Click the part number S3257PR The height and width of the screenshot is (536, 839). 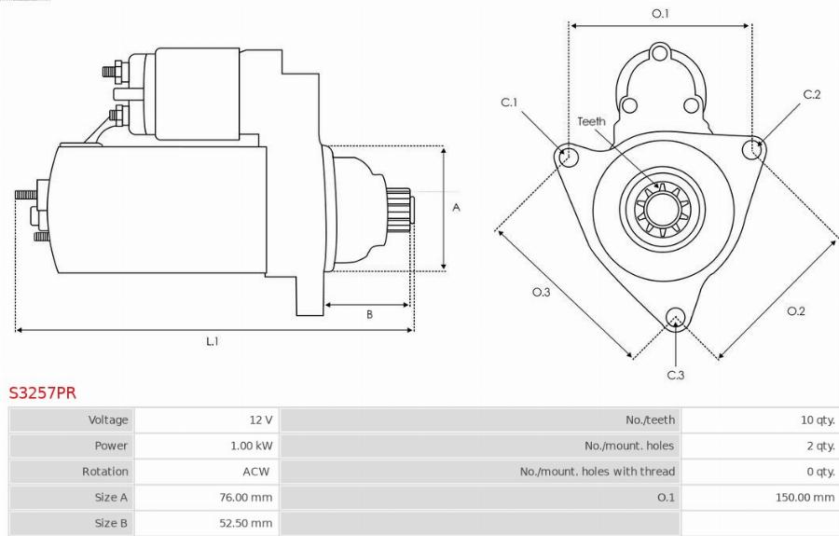coord(43,392)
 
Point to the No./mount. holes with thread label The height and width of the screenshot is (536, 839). coord(597,472)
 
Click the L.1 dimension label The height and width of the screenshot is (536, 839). coord(213,341)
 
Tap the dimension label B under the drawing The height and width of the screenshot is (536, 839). coord(369,314)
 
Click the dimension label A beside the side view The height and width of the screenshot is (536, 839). coord(456,208)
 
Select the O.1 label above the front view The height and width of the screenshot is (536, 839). coord(660,13)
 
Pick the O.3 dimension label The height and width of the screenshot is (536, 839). coord(541,293)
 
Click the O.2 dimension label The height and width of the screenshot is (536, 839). coord(795,310)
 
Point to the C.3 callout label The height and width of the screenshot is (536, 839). coord(676,375)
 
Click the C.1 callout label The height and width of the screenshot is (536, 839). coord(509,103)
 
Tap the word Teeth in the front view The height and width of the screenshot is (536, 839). coord(591,121)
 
